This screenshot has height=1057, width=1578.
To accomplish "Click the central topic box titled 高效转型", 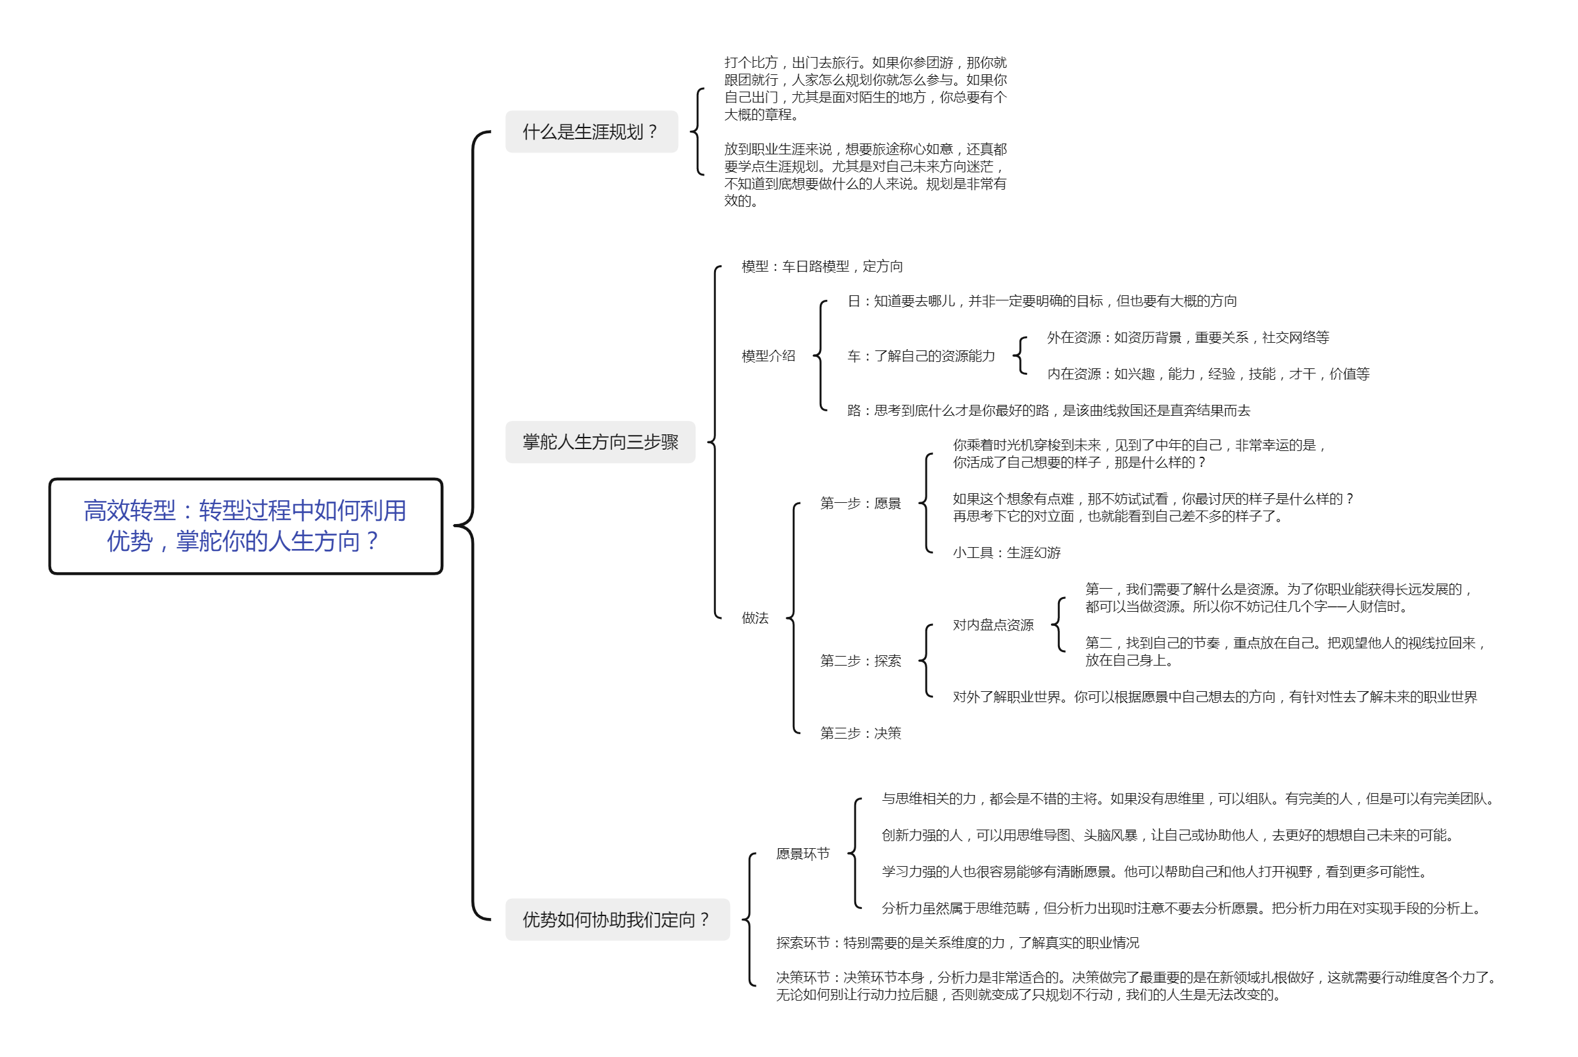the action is click(x=245, y=526).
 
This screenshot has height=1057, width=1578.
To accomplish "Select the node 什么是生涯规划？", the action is click(x=591, y=131).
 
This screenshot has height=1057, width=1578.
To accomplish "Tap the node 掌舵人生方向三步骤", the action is click(x=599, y=441).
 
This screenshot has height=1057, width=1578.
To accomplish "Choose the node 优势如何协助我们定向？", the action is click(x=617, y=919).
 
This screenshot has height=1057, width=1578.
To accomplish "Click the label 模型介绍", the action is click(x=768, y=356).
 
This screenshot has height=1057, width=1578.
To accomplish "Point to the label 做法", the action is click(x=754, y=618).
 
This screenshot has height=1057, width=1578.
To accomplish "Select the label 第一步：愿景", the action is click(x=861, y=503).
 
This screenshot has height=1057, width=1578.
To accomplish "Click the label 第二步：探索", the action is click(x=861, y=660).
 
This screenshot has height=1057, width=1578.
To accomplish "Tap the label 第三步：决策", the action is click(x=861, y=733).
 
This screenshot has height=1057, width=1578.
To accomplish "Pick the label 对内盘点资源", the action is click(x=993, y=625).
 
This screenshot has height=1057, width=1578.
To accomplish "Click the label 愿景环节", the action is click(x=802, y=853).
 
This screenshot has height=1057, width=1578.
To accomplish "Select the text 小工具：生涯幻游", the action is click(x=1006, y=553).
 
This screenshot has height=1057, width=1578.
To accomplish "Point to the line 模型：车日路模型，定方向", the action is click(x=822, y=266).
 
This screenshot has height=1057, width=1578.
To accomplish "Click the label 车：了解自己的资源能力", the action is click(x=920, y=356).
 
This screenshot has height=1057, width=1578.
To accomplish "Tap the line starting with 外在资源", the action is click(x=1187, y=337).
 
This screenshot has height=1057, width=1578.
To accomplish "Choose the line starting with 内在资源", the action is click(x=1207, y=373).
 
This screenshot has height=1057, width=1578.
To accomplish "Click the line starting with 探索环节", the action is click(x=957, y=942).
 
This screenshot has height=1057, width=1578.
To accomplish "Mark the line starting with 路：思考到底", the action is click(x=1048, y=410).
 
